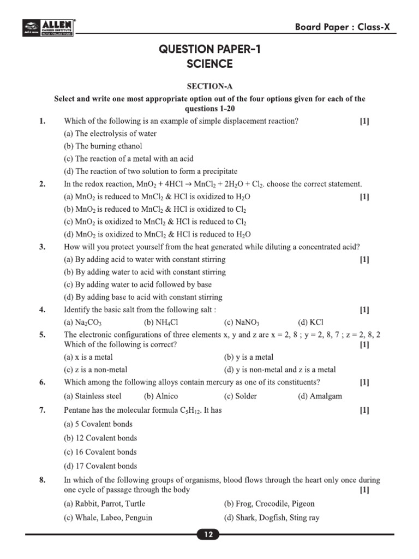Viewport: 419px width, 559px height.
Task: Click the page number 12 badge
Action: tap(209, 536)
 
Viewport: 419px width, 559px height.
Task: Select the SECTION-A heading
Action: tap(209, 86)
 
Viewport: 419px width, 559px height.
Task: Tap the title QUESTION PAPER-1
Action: tap(209, 50)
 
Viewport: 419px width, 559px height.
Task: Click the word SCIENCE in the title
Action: tap(209, 64)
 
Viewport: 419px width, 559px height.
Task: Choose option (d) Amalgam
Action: tap(320, 396)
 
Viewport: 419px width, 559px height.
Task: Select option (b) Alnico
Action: tap(161, 396)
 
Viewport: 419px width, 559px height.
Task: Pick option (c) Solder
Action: tap(240, 396)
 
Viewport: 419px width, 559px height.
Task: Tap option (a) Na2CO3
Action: tap(83, 323)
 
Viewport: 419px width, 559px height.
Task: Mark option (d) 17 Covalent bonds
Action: tap(100, 466)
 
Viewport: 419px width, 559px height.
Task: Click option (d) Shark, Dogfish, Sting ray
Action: tap(272, 518)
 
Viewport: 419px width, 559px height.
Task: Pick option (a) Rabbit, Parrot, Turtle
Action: tap(105, 504)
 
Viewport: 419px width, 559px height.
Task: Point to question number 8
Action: tap(42, 480)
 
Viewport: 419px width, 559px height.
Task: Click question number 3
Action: tap(42, 247)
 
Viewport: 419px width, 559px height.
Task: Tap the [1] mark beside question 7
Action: tap(364, 410)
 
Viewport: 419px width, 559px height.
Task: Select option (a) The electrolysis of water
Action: tap(110, 134)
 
